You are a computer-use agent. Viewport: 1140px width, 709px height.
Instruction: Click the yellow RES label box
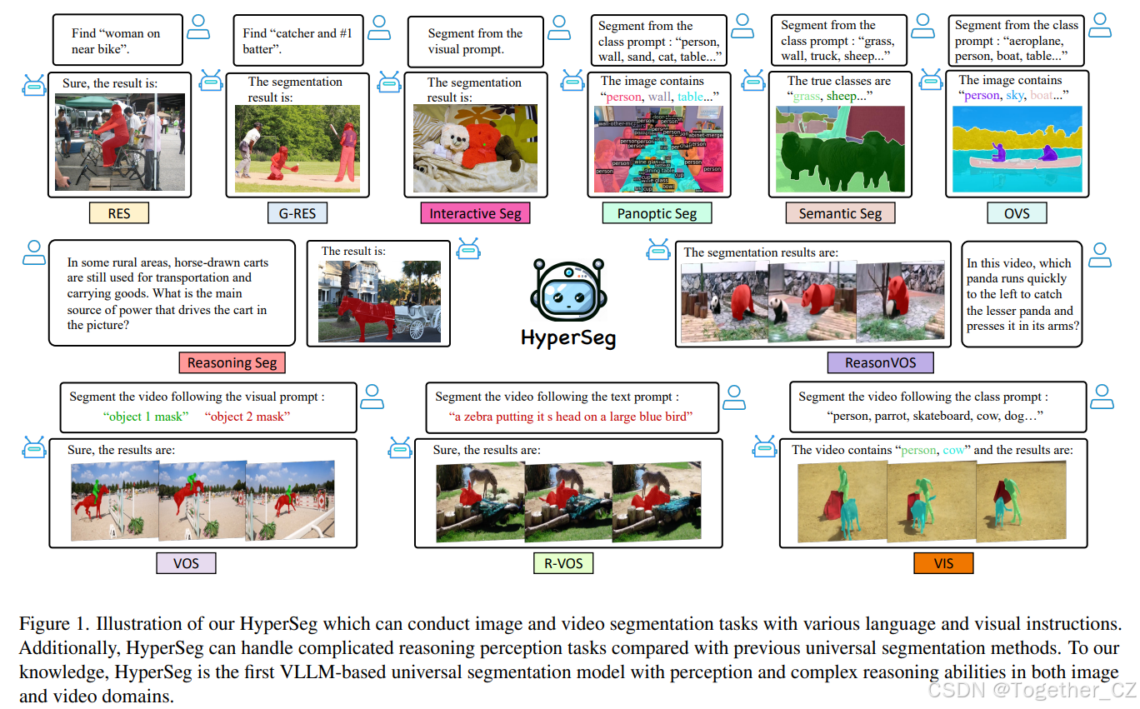(119, 213)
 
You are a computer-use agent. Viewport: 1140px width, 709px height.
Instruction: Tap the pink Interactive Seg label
(475, 213)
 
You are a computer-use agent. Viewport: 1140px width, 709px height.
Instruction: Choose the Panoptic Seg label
(657, 213)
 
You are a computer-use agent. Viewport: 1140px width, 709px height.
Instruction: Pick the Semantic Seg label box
(840, 213)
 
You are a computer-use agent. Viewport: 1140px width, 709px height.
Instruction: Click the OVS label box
(1016, 213)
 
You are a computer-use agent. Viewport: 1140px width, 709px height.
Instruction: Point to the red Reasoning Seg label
(232, 362)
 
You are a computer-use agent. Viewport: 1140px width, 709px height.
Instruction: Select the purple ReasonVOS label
(882, 362)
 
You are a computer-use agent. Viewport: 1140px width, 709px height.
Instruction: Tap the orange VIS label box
(943, 563)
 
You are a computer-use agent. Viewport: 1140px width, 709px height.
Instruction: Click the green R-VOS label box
(563, 563)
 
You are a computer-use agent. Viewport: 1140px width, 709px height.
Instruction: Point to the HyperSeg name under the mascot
(567, 338)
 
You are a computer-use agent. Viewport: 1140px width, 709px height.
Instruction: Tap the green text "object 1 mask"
(147, 416)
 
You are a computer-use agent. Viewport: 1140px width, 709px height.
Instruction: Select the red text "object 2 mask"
(247, 416)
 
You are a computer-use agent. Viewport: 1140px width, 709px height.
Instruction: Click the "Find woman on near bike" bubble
(117, 41)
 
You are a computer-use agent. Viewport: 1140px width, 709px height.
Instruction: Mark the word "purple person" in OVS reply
(981, 96)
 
